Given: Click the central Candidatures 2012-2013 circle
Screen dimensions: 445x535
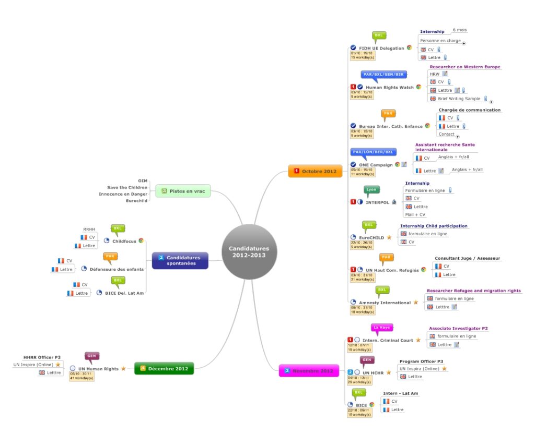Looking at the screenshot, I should pyautogui.click(x=249, y=251).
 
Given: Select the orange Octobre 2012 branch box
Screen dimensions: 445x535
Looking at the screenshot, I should pyautogui.click(x=316, y=171).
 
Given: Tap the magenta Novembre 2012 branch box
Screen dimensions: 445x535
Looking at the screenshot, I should pyautogui.click(x=309, y=371).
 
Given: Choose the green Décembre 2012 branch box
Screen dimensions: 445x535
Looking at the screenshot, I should pyautogui.click(x=164, y=369).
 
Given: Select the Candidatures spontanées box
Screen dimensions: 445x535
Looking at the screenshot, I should pyautogui.click(x=180, y=260).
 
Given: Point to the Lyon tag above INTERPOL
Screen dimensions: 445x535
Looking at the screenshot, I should pyautogui.click(x=371, y=190).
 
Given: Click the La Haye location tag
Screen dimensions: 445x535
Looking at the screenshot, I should pyautogui.click(x=381, y=328).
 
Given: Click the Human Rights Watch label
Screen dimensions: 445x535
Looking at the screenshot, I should pyautogui.click(x=389, y=87).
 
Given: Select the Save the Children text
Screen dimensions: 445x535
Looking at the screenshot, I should pyautogui.click(x=127, y=187).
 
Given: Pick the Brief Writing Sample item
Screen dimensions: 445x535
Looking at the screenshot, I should pyautogui.click(x=459, y=99).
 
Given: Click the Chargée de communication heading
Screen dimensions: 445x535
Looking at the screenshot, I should pyautogui.click(x=469, y=110).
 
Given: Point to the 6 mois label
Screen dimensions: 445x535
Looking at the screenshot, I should pyautogui.click(x=460, y=30).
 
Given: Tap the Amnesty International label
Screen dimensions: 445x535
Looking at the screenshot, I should pyautogui.click(x=385, y=303).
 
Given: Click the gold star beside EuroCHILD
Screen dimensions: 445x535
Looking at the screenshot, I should pyautogui.click(x=389, y=237).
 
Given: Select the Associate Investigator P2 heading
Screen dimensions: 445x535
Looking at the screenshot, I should pyautogui.click(x=458, y=328).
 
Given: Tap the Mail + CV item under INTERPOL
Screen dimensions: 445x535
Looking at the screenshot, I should pyautogui.click(x=415, y=214).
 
